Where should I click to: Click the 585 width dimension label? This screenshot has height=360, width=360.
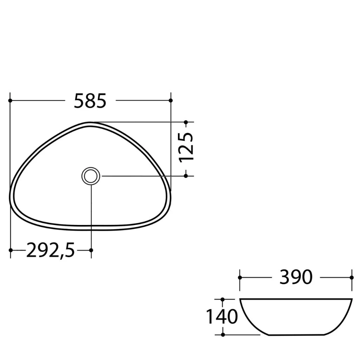coord(90,101)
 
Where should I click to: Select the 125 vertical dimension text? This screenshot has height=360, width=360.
coord(186,147)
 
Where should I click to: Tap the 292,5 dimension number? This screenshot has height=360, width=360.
coord(51,251)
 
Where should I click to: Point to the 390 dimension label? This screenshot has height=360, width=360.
coord(296,277)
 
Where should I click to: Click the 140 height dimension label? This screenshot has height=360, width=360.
coord(222,317)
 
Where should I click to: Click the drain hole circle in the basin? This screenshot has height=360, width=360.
coord(91,176)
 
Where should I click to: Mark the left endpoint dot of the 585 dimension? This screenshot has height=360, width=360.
coord(10,100)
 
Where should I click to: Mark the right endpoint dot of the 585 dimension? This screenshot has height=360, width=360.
coord(171,100)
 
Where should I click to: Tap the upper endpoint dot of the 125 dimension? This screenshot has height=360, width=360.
coord(186,122)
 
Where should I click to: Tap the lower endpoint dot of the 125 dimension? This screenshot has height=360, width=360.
coord(186,176)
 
